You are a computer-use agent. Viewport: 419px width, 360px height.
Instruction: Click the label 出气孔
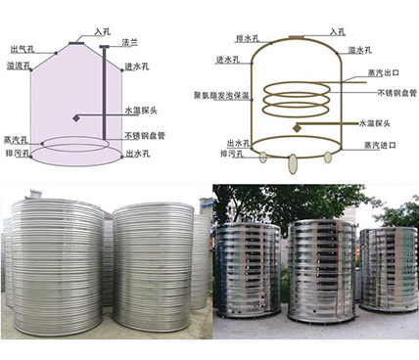pyautogui.click(x=20, y=49)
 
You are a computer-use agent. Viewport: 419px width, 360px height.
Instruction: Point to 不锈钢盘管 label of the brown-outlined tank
pyautogui.click(x=396, y=93)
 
